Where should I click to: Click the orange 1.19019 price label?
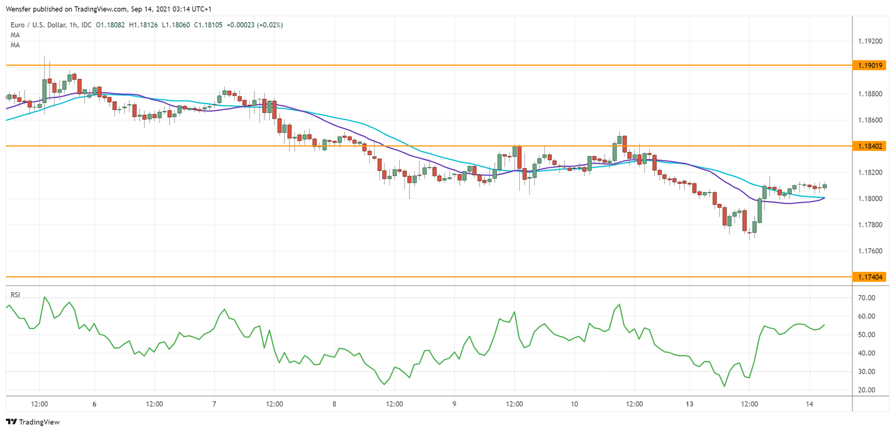click(x=869, y=65)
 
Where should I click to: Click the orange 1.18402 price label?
click(x=869, y=146)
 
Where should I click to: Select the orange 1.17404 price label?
click(x=869, y=277)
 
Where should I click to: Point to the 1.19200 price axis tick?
click(x=869, y=41)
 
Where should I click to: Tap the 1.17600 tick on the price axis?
click(x=869, y=251)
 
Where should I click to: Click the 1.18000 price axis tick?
click(x=869, y=199)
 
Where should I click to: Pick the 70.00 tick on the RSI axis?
click(x=867, y=298)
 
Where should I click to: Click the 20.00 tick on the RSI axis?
click(x=867, y=390)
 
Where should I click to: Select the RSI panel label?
click(x=15, y=295)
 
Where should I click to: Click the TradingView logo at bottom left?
click(x=33, y=422)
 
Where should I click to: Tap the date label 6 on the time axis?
click(x=94, y=403)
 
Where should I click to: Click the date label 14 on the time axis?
click(x=809, y=403)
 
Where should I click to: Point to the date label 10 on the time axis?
click(x=574, y=403)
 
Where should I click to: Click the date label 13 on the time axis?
click(x=689, y=403)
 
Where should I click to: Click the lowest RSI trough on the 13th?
click(x=724, y=386)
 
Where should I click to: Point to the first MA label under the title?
click(x=15, y=35)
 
